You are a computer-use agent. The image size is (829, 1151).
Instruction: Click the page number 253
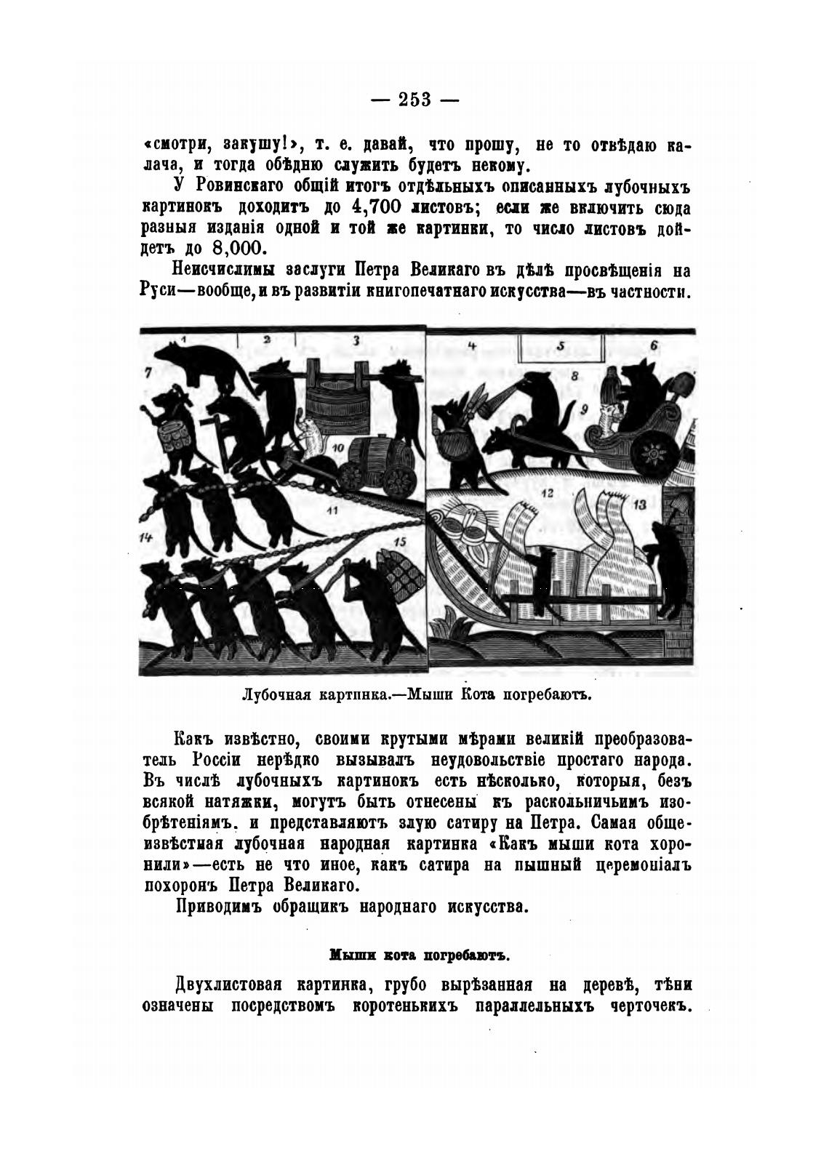[415, 100]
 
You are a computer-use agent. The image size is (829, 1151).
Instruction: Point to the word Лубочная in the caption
[276, 693]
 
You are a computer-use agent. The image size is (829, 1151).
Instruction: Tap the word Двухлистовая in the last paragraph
[229, 985]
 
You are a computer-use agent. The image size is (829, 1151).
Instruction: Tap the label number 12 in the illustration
[547, 494]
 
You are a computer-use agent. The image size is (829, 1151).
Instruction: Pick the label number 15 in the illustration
[399, 542]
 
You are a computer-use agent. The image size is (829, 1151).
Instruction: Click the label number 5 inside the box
[561, 347]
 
